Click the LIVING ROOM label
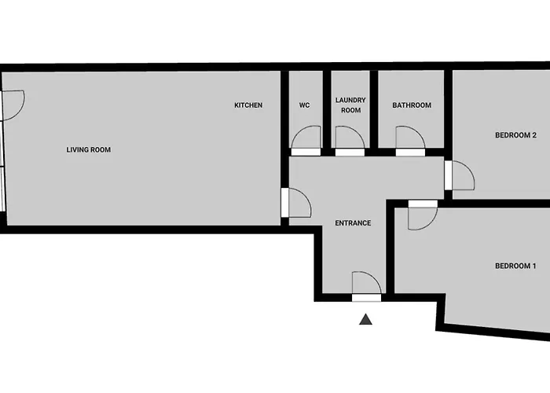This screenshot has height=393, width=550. click(88, 150)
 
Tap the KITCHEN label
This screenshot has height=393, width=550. click(248, 105)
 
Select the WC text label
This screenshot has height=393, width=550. click(305, 105)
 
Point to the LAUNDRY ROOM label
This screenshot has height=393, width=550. click(350, 105)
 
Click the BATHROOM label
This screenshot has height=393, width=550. click(412, 105)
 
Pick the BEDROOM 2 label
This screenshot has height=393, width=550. click(515, 135)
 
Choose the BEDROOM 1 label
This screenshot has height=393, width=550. click(515, 266)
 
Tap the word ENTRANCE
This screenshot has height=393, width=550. click(353, 223)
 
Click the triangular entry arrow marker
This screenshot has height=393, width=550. click(365, 319)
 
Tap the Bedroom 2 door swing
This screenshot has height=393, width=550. click(469, 167)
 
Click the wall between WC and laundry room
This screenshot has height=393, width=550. click(327, 109)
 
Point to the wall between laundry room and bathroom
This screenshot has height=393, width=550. click(374, 109)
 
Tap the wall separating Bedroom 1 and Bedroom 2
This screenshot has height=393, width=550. click(498, 204)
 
